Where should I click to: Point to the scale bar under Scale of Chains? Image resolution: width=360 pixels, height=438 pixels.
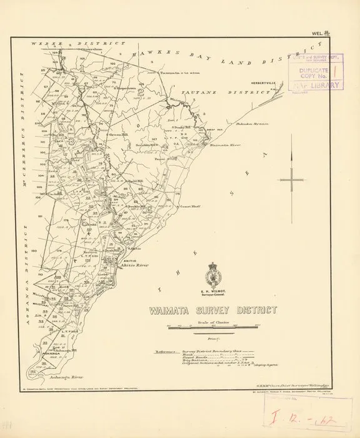tap(213, 328)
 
